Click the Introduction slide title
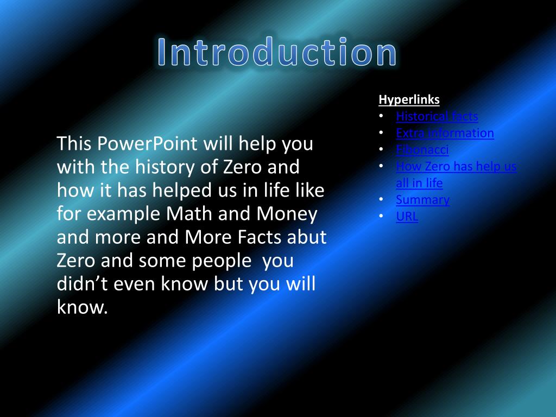[x=277, y=53]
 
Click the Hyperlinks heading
[x=409, y=100]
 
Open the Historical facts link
[x=437, y=116]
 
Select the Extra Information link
[x=445, y=133]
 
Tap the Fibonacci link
[x=422, y=150]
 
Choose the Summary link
[x=422, y=200]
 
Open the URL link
[x=407, y=217]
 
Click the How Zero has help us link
[x=456, y=167]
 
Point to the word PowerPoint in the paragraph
[x=148, y=144]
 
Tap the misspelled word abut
[x=307, y=237]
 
